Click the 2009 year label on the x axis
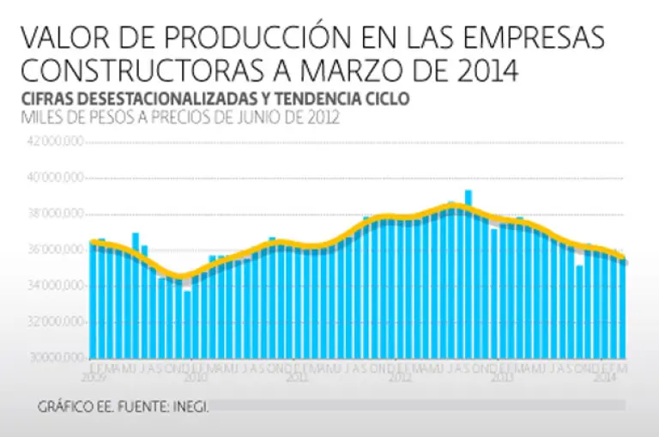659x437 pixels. click(x=94, y=376)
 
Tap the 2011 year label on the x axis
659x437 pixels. click(x=297, y=376)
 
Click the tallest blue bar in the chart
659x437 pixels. click(x=469, y=275)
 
